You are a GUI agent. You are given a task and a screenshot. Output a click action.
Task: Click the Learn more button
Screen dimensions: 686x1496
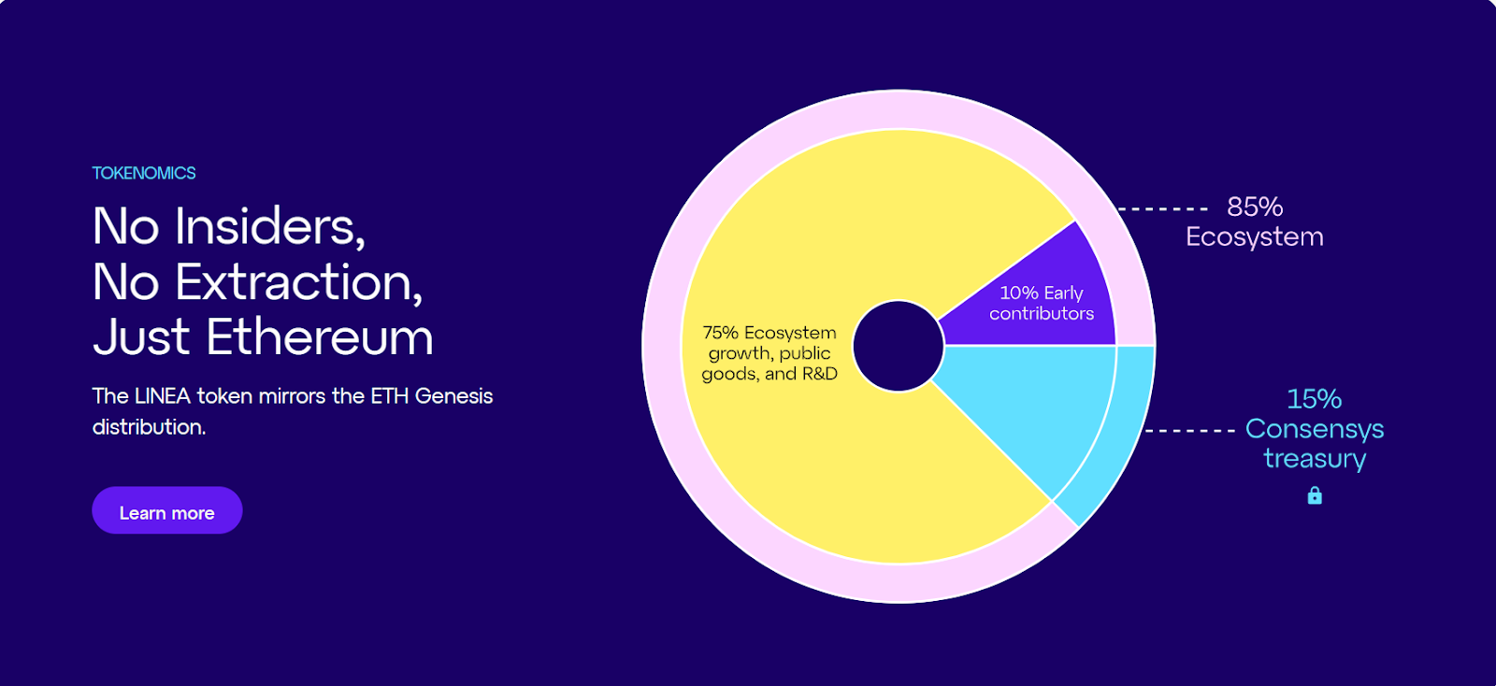(166, 511)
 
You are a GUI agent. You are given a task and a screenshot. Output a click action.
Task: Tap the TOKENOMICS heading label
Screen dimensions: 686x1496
(144, 173)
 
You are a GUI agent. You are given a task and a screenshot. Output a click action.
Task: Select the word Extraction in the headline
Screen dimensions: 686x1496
(298, 281)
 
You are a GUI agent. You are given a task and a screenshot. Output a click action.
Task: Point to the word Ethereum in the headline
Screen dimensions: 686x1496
(320, 337)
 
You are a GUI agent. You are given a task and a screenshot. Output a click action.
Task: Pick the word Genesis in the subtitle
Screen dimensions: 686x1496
(453, 396)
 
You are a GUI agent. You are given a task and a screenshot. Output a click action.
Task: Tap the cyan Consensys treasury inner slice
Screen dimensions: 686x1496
(1038, 402)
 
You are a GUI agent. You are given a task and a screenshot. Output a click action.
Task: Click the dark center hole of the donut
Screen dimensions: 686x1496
(898, 346)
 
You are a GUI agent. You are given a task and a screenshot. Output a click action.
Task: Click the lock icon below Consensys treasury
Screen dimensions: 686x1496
(1315, 495)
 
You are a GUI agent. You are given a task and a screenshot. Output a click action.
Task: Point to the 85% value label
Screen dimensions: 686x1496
(1255, 207)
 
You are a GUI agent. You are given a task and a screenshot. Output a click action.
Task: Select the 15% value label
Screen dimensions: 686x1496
(1314, 399)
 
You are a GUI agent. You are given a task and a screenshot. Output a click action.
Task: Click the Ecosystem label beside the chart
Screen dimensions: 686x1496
(1255, 236)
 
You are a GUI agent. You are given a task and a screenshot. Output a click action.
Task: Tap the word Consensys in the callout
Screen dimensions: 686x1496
(1315, 429)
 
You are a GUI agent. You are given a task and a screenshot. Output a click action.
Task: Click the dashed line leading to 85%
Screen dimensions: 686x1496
(1164, 209)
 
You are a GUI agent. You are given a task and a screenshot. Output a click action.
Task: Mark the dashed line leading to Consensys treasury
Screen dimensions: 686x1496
(1190, 431)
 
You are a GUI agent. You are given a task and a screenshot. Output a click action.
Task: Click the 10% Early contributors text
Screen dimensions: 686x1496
(1042, 303)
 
